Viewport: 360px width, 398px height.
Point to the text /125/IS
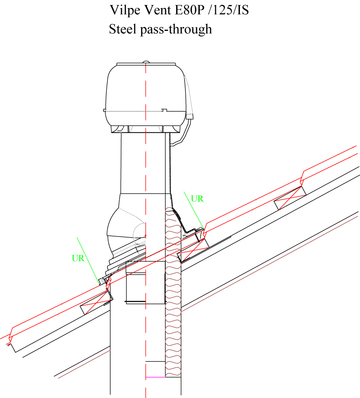231,10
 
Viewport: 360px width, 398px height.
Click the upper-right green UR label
197,198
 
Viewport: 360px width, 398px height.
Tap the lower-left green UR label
78,258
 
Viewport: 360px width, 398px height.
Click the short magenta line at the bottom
155,377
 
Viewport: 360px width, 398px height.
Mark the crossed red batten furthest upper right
290,198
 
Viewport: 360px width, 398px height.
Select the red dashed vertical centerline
146,323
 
